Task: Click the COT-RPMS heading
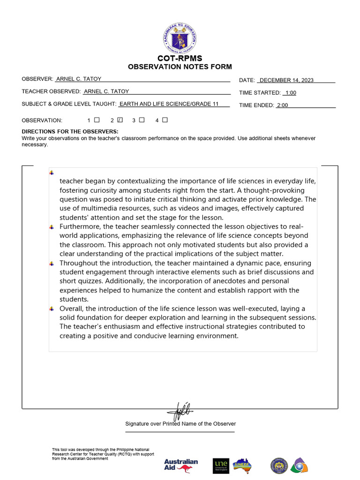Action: [180, 58]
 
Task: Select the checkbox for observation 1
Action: [97, 120]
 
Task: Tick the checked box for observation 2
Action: [120, 120]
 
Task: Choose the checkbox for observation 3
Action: [142, 120]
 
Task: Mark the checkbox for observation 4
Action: [165, 120]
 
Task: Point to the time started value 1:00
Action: [291, 93]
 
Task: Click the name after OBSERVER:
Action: [79, 79]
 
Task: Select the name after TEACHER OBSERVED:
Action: [106, 91]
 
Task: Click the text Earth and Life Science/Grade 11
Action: [169, 104]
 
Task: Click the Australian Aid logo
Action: [181, 465]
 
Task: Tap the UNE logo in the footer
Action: [221, 465]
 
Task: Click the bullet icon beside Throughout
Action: [52, 263]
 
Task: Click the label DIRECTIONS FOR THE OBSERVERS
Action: [70, 132]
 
